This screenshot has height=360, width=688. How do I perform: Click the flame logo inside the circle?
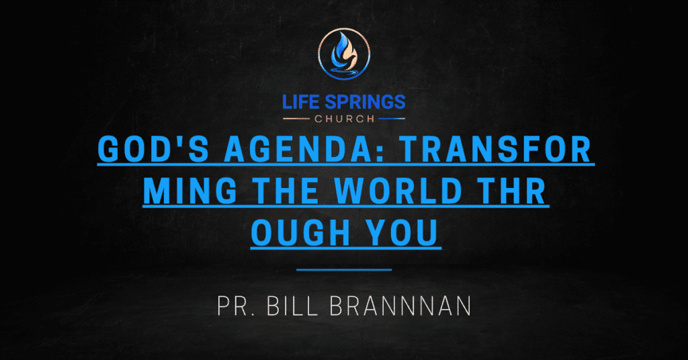pyautogui.click(x=344, y=53)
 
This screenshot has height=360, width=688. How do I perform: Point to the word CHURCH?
pyautogui.click(x=345, y=119)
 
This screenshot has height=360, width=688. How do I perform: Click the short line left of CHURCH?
pyautogui.click(x=296, y=118)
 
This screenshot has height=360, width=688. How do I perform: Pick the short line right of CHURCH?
pyautogui.click(x=392, y=118)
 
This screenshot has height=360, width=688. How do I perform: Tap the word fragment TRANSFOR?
pyautogui.click(x=497, y=149)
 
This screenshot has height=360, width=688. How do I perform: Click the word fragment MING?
pyautogui.click(x=191, y=191)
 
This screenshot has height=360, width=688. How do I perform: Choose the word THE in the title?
pyautogui.click(x=287, y=191)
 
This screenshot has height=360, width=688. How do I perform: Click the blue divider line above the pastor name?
pyautogui.click(x=344, y=270)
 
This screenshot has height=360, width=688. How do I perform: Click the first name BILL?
pyautogui.click(x=292, y=306)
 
